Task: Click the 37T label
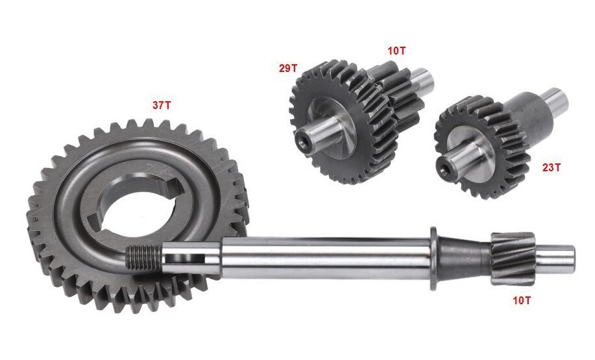pos(162,105)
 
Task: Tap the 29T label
pos(288,68)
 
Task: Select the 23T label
pos(551,167)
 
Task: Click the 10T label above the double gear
pos(396,51)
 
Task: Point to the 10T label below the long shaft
pos(522,300)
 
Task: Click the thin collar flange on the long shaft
pos(433,259)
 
